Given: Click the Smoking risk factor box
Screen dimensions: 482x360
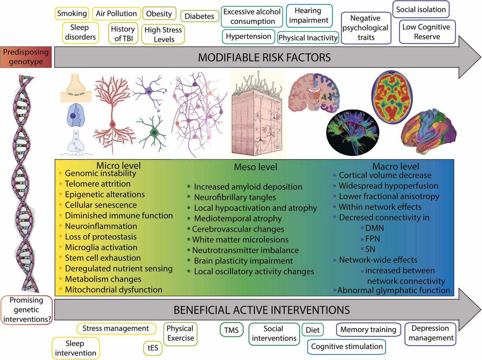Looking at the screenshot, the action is point(72,13).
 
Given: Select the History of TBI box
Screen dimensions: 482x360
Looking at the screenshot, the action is point(123,33).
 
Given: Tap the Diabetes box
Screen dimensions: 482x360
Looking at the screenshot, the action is point(200,16).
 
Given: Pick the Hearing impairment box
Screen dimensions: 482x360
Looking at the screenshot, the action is point(309,15).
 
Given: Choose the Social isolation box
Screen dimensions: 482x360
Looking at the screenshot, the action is point(421,10).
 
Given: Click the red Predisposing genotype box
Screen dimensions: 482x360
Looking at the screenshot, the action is point(26,57).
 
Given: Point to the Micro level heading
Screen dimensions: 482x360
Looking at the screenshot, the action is point(118,165).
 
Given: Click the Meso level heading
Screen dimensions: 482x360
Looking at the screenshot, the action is point(255,167).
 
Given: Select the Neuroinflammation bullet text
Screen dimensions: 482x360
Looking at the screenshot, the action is point(101,226).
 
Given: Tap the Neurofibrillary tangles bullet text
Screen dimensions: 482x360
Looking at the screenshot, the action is point(235,197).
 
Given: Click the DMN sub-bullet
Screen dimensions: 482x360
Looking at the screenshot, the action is point(374,228).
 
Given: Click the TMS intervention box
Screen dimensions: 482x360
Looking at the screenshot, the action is point(231,330).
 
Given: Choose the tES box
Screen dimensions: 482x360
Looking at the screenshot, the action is point(153,348).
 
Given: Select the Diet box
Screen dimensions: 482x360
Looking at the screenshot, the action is point(312,330).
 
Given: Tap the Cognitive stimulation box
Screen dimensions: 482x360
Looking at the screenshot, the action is point(347,347).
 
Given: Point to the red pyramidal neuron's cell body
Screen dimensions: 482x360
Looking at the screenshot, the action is point(112,124).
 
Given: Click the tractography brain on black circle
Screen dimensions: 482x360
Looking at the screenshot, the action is point(353,133).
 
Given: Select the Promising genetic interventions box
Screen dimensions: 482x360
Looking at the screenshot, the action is point(27,309).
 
